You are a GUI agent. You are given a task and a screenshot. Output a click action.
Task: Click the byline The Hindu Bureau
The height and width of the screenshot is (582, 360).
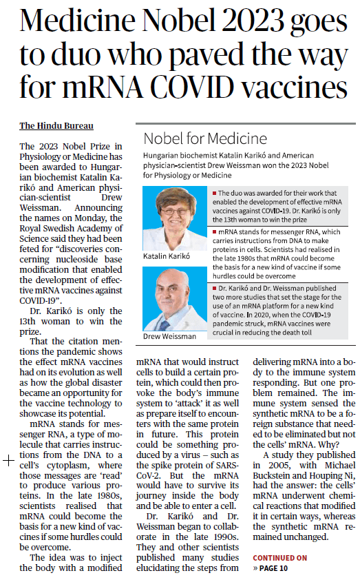click(56, 126)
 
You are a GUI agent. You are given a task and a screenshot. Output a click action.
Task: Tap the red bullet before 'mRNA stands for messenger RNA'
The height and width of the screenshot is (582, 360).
click(216, 234)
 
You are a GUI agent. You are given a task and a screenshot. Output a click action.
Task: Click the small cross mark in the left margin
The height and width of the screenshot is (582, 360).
click(9, 461)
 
